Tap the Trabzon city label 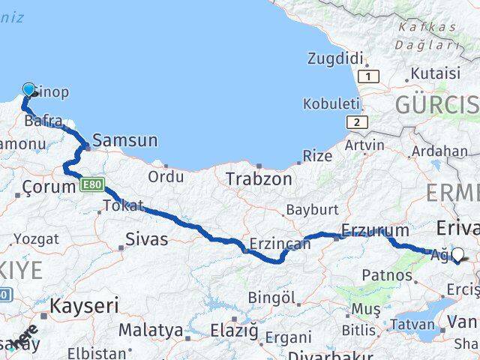point(259,179)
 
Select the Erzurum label point(375,230)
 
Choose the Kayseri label point(85,305)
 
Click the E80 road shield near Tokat point(93,184)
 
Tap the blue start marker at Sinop point(29,90)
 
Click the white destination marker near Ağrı point(457,255)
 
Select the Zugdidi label point(335,58)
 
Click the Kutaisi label point(436,73)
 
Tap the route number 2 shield point(358,122)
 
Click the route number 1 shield point(368,76)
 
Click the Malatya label point(150,330)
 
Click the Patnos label point(387,275)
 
